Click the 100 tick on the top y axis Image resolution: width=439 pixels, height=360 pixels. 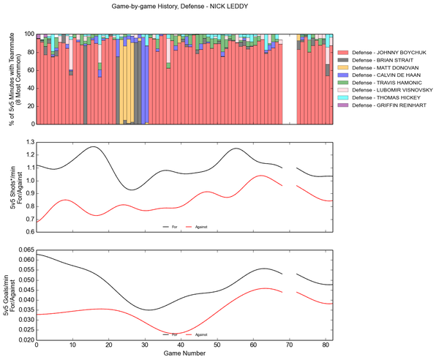28,34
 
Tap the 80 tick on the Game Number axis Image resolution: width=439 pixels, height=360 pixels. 323,346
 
